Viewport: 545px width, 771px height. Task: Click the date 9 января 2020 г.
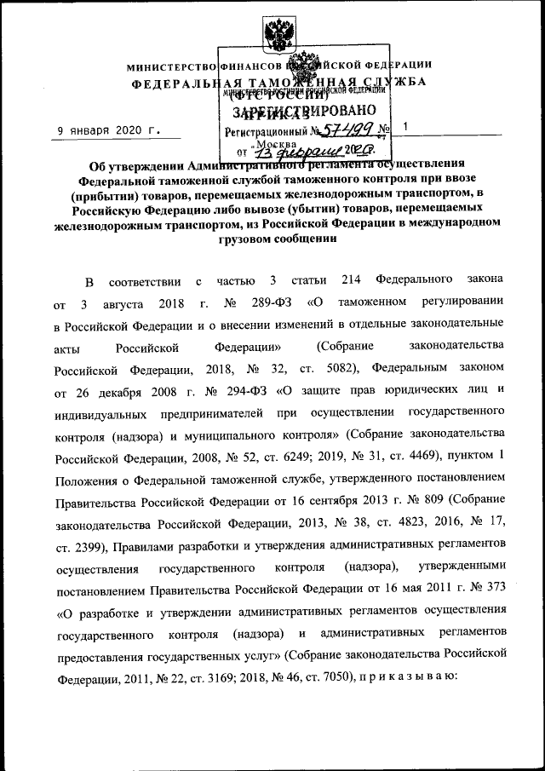pos(107,129)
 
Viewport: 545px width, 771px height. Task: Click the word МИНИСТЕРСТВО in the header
pos(171,66)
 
